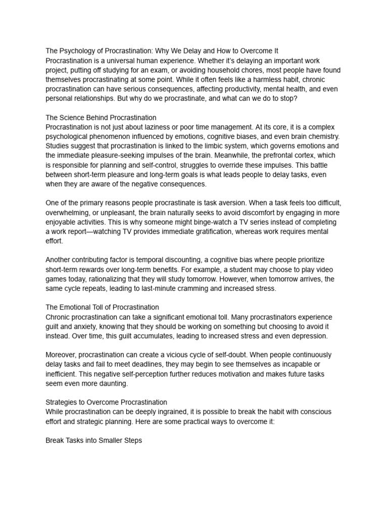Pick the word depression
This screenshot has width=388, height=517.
click(306, 336)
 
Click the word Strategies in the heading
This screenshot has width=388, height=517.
click(62, 402)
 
